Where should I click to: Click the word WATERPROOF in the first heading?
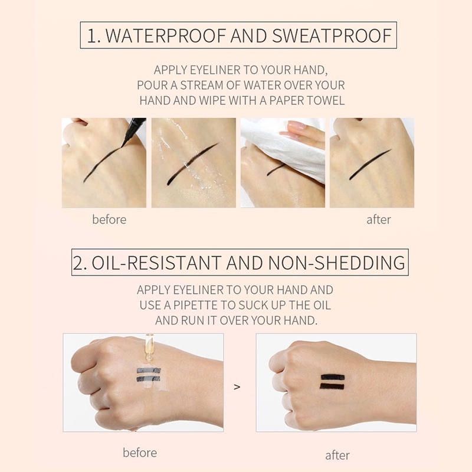click(x=166, y=35)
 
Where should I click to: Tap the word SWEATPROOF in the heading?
click(x=332, y=35)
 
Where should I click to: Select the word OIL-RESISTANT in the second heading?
click(x=156, y=263)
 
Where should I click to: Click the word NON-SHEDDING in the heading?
click(x=336, y=263)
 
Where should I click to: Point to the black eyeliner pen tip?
click(x=123, y=145)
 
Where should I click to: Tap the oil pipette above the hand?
click(x=149, y=348)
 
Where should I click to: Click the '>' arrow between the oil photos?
click(x=237, y=387)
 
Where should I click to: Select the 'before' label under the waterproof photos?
click(x=109, y=219)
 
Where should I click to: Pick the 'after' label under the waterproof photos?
click(x=379, y=219)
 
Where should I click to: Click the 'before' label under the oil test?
click(x=140, y=453)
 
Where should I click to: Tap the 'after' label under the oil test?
click(x=337, y=455)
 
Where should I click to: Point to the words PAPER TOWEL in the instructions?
click(x=307, y=100)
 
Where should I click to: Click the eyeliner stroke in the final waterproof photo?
click(x=370, y=165)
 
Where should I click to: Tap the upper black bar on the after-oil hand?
click(x=333, y=377)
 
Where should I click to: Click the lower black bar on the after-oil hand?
click(x=332, y=386)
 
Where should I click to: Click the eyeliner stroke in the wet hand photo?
click(x=193, y=163)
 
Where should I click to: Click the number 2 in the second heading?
click(x=78, y=263)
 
